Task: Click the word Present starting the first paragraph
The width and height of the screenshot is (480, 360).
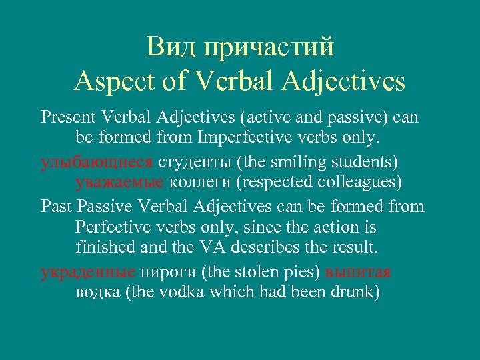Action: (69, 118)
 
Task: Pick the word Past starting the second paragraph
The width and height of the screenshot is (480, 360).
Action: (56, 206)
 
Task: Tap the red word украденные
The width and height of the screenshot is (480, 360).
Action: (87, 271)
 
